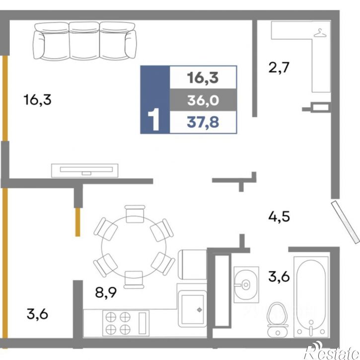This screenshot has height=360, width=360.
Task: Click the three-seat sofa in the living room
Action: coord(84,41)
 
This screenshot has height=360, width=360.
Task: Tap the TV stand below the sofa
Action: coord(85,171)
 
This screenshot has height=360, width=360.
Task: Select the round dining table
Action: coord(134,247)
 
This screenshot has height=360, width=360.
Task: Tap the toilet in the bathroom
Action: coord(278,320)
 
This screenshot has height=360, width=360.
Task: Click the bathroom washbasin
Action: coord(246,285)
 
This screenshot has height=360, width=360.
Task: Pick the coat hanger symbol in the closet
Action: coord(320,33)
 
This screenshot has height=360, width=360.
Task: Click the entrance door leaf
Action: coord(346,222)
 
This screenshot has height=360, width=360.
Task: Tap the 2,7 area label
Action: coord(279,68)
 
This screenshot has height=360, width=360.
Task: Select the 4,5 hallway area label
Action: coord(279,216)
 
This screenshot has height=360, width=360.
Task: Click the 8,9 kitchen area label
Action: coord(106,293)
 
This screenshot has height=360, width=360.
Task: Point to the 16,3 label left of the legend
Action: coord(37,100)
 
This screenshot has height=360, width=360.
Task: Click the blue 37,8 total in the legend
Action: coord(203,122)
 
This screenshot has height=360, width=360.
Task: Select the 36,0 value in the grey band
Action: coord(203,100)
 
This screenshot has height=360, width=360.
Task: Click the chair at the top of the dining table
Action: coord(135,214)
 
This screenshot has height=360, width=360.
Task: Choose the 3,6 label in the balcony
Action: coord(37,314)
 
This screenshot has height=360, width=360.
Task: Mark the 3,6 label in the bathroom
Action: coord(279,277)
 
